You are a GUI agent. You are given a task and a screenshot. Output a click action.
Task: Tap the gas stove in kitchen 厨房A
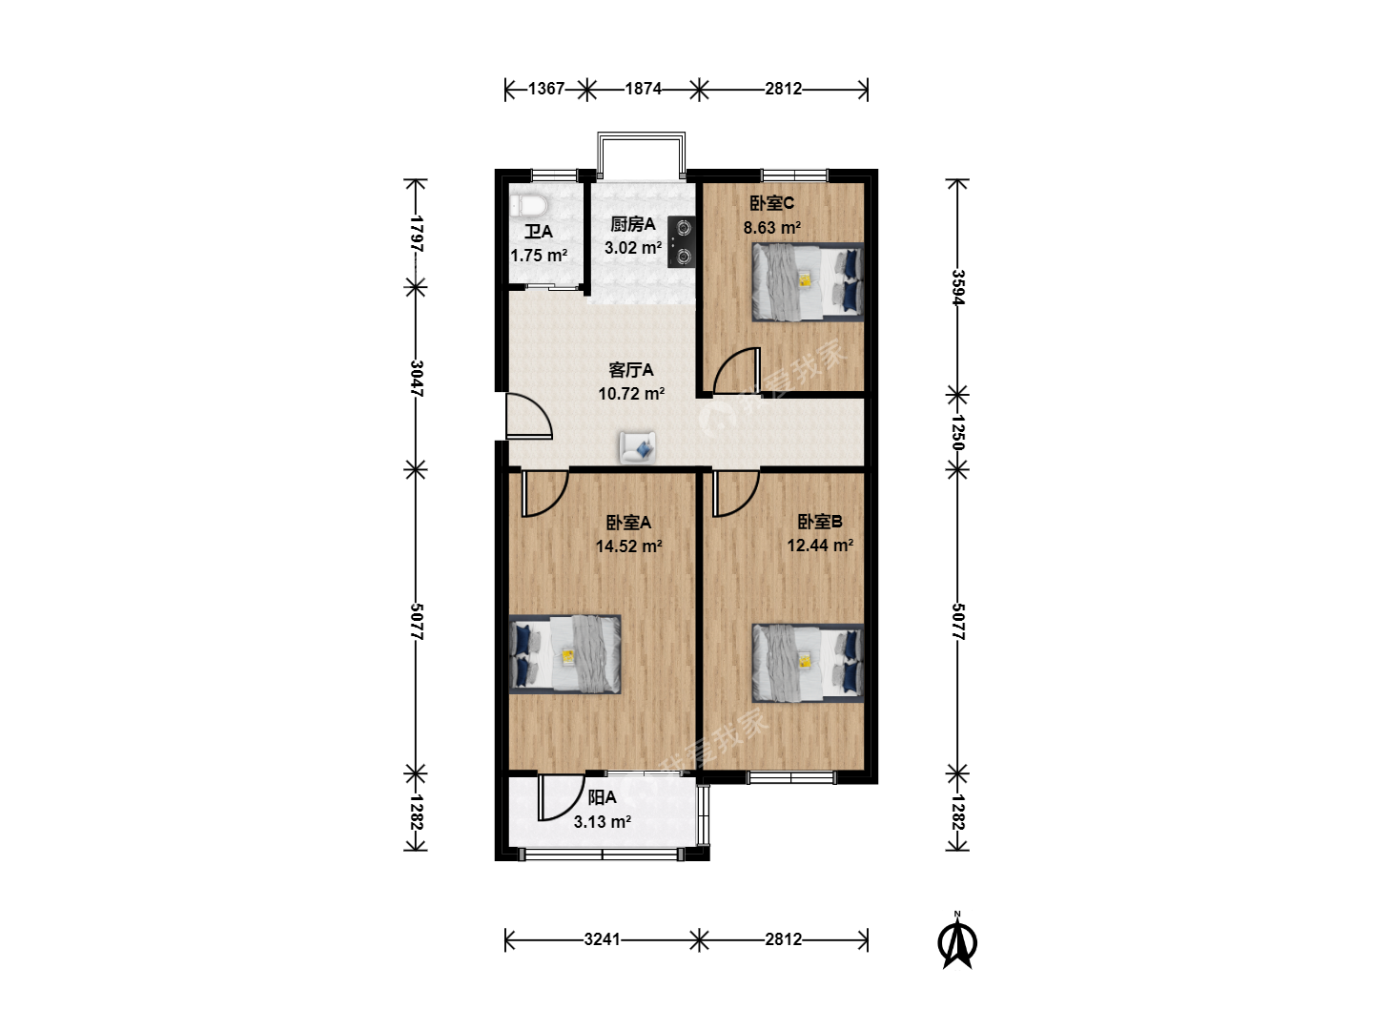pos(681,242)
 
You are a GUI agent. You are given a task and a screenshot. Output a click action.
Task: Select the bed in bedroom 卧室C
pos(808,282)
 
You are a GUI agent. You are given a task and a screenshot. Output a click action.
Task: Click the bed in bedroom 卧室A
pos(564,654)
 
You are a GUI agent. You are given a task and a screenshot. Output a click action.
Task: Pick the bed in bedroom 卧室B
pos(808,663)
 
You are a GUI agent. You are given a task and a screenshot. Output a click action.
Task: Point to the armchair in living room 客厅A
pos(638,447)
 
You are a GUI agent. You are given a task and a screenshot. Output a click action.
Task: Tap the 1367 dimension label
pos(546,89)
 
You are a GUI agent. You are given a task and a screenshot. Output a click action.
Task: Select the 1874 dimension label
pos(643,89)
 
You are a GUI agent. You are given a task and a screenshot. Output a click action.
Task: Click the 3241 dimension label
pos(602,939)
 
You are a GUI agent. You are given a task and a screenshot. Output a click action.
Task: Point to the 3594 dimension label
pos(957,287)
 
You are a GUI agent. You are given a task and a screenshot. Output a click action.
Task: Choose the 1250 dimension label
pos(957,432)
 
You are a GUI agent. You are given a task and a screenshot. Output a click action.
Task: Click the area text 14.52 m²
pos(628,546)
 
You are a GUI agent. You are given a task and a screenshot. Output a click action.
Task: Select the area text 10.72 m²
pos(631,394)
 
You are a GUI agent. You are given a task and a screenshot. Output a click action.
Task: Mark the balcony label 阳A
pos(602,798)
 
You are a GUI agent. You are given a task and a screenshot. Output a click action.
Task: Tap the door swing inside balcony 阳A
pos(561,797)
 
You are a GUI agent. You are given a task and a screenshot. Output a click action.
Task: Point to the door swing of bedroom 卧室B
pos(735,494)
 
